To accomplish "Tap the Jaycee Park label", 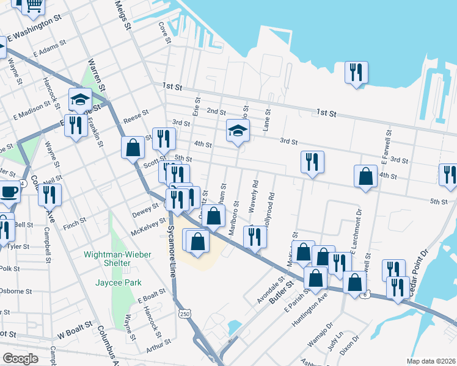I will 119,282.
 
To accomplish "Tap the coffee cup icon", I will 9,191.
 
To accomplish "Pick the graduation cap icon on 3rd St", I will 238,130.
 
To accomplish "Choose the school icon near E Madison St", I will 80,98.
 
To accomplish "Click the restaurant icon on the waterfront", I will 355,72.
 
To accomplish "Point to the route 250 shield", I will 184,314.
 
